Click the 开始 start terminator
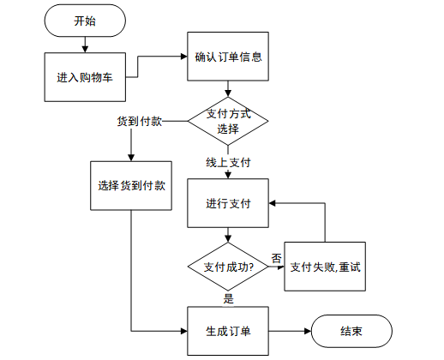pyautogui.click(x=85, y=21)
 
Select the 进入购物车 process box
pyautogui.click(x=85, y=77)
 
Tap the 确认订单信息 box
pyautogui.click(x=228, y=57)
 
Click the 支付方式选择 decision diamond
pyautogui.click(x=228, y=121)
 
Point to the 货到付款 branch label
pyautogui.click(x=140, y=121)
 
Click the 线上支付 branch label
pyautogui.click(x=228, y=163)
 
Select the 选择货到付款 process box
pyautogui.click(x=131, y=186)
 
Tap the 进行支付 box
pyautogui.click(x=228, y=203)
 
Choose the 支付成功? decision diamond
pyautogui.click(x=228, y=267)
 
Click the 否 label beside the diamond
pyautogui.click(x=276, y=258)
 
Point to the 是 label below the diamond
pyautogui.click(x=229, y=299)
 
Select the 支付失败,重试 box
pyautogui.click(x=325, y=267)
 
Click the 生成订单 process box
pyautogui.click(x=228, y=331)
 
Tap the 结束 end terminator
pyautogui.click(x=351, y=331)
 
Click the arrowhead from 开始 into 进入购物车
pyautogui.click(x=85, y=49)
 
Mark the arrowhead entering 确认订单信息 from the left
pyautogui.click(x=184, y=57)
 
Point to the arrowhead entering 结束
pyautogui.click(x=308, y=332)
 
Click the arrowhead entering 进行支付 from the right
pyautogui.click(x=272, y=203)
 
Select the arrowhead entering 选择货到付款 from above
pyautogui.click(x=131, y=158)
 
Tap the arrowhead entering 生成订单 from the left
pyautogui.click(x=184, y=332)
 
